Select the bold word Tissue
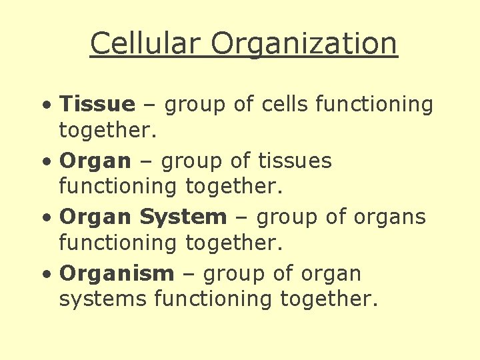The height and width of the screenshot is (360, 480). pos(97,104)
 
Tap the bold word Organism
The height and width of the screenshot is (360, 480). pos(117,274)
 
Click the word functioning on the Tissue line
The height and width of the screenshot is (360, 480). pos(374,105)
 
